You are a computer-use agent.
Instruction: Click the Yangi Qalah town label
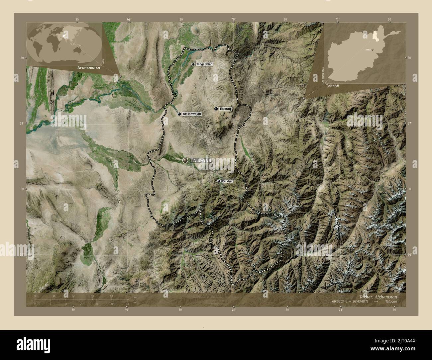[x=204, y=64]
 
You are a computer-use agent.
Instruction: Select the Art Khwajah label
[x=192, y=114]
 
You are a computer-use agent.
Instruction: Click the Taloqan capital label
[x=200, y=160]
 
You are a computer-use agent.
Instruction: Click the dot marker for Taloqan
[x=185, y=160]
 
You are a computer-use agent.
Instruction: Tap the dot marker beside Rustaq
[x=216, y=109]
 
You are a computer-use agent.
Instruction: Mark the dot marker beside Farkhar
[x=219, y=181]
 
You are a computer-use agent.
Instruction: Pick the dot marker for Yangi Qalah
[x=193, y=64]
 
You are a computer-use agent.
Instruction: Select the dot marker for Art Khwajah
[x=179, y=114]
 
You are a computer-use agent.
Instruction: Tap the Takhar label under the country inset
[x=333, y=85]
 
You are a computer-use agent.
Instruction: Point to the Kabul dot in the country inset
[x=373, y=50]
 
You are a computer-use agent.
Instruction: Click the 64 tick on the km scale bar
[x=112, y=296]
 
